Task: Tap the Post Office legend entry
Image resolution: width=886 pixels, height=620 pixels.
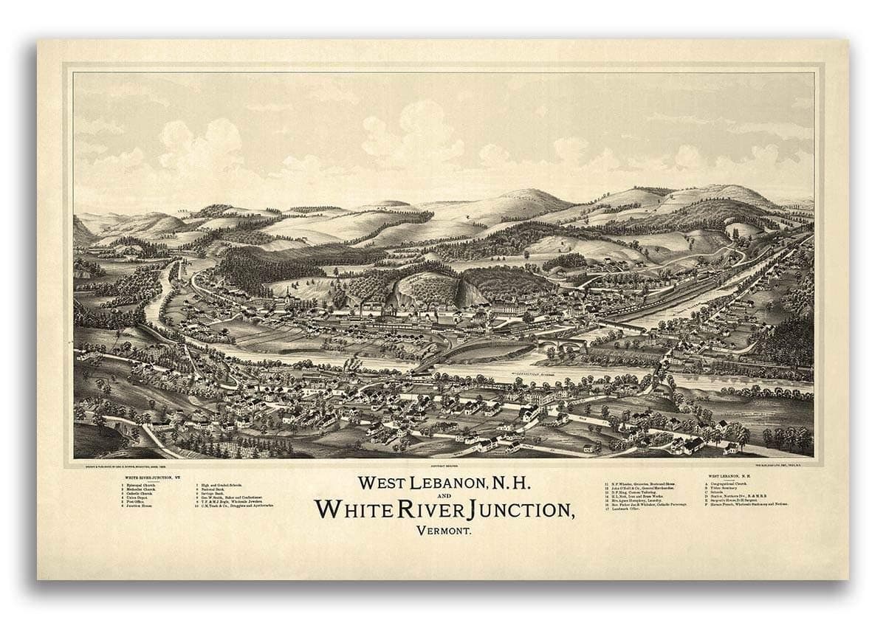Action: click(x=137, y=504)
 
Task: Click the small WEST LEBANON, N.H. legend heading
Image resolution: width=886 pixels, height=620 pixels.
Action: click(x=728, y=478)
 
